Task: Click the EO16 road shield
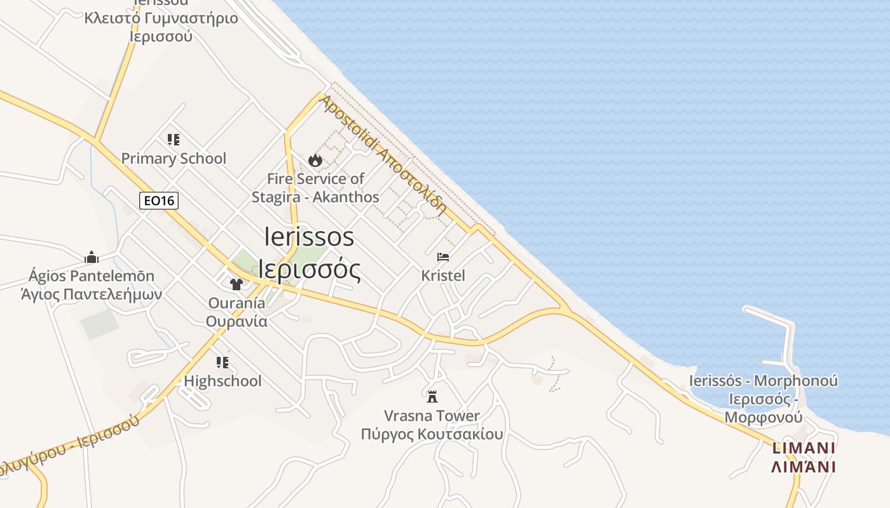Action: click(x=159, y=201)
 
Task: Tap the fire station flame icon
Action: click(x=315, y=160)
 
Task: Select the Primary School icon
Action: click(x=174, y=139)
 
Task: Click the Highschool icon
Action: click(x=222, y=363)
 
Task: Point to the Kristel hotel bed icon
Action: click(x=443, y=257)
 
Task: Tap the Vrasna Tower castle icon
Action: click(x=432, y=397)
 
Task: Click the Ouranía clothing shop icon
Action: click(x=236, y=284)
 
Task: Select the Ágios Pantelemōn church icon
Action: click(x=92, y=257)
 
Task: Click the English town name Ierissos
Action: click(x=309, y=237)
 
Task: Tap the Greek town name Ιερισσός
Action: click(x=310, y=269)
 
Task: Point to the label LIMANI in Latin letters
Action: click(x=803, y=448)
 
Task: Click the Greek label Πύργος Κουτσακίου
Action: click(x=432, y=434)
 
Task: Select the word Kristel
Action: click(x=443, y=276)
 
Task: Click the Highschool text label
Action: click(x=222, y=381)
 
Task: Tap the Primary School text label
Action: click(x=174, y=158)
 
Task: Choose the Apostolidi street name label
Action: click(x=349, y=124)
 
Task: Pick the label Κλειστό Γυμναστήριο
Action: click(x=161, y=17)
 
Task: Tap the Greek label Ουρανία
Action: click(x=236, y=321)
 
